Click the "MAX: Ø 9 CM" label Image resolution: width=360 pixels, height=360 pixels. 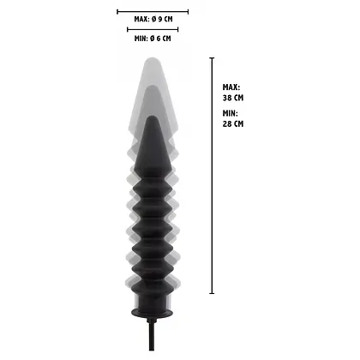pos(153,18)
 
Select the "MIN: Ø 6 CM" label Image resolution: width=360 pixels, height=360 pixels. pos(153,38)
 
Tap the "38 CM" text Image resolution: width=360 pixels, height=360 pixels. pos(232,98)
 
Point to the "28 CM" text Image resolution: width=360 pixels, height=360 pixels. pos(232,124)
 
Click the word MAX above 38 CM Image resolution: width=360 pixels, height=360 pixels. pos(231,87)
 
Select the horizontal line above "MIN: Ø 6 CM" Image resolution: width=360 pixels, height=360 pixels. pos(153,28)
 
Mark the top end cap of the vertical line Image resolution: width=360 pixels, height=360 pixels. pos(212,57)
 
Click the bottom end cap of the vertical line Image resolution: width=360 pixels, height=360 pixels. pos(212,293)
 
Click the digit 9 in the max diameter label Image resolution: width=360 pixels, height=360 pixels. pos(162,18)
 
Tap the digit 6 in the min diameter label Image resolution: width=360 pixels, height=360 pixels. pos(161,38)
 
